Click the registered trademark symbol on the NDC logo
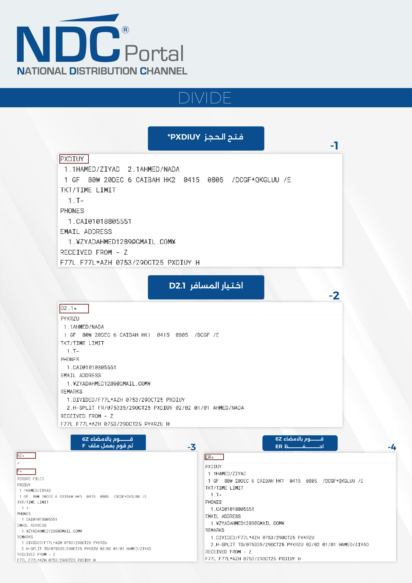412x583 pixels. tap(125, 30)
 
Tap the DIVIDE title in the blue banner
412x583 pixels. tap(205, 98)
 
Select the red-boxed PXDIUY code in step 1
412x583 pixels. tap(74, 159)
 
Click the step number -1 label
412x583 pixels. tap(334, 146)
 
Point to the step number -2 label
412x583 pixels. tap(334, 295)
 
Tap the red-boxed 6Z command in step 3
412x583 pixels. tap(26, 455)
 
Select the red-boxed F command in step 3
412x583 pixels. tap(26, 472)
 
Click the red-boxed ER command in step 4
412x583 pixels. tap(214, 457)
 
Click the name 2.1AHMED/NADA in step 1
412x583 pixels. tap(154, 169)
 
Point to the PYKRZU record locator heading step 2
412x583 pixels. tap(70, 318)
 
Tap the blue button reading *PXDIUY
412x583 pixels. tap(206, 138)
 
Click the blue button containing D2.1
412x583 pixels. tap(206, 287)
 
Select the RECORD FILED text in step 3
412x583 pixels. tap(30, 479)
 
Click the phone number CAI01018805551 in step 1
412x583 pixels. tap(103, 221)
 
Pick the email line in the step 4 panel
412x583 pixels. tap(247, 523)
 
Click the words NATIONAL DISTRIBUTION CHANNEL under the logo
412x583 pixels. tap(102, 71)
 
